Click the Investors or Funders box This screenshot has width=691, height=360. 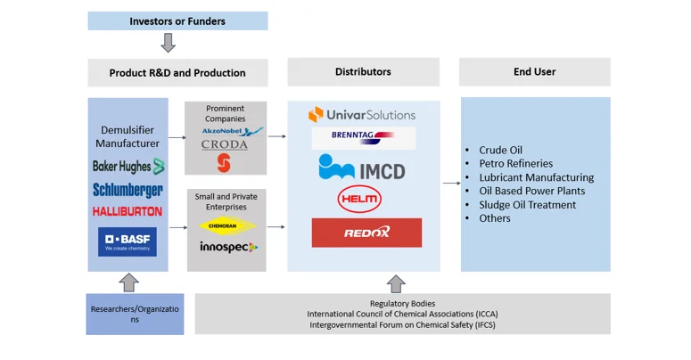[177, 20]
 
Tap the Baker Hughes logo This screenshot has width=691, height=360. [128, 166]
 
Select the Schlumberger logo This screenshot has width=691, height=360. [128, 189]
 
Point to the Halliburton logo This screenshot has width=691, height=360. [128, 211]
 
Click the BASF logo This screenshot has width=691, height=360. [128, 241]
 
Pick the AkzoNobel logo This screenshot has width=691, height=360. [226, 130]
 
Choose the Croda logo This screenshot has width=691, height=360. [225, 144]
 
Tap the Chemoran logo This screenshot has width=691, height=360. [225, 226]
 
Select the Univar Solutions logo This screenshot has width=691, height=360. [362, 114]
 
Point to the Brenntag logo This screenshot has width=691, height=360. [363, 138]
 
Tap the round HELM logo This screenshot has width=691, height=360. [359, 199]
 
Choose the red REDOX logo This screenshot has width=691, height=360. [366, 233]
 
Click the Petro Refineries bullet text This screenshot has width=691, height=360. [515, 164]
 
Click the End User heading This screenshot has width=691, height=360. [535, 71]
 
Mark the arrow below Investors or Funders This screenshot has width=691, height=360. [168, 43]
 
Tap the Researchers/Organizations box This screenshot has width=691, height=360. [135, 314]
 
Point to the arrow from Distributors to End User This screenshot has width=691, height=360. [450, 184]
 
